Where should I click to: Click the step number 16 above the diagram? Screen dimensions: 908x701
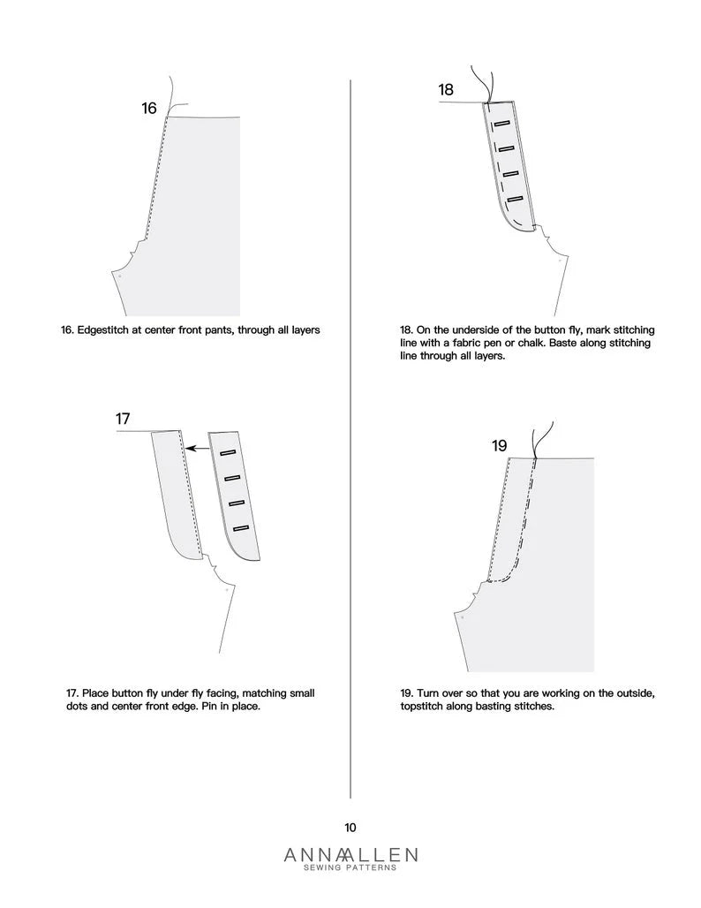tap(149, 108)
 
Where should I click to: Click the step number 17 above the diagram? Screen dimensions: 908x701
tap(124, 419)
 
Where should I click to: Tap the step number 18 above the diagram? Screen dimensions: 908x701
tap(446, 90)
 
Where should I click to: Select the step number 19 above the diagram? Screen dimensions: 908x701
tap(499, 446)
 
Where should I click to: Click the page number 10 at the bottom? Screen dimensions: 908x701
tap(350, 828)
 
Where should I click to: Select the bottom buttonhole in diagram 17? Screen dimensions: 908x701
tap(241, 528)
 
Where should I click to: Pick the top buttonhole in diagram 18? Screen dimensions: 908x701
tap(504, 124)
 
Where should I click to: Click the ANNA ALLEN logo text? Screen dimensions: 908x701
tap(350, 854)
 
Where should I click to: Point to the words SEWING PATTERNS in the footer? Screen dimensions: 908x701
tap(350, 868)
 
